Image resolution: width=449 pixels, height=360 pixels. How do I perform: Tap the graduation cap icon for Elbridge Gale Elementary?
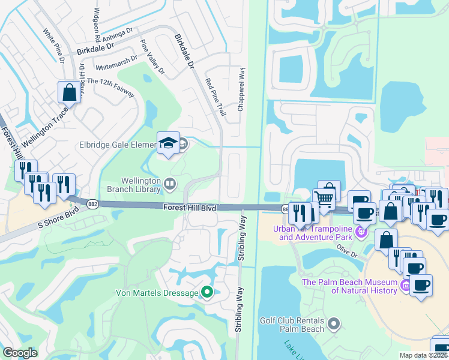[168, 143]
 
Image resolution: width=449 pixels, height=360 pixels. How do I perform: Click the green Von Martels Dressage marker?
[207, 293]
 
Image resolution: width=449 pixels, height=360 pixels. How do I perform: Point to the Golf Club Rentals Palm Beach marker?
[334, 325]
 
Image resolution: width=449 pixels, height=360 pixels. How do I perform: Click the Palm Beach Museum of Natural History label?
[349, 287]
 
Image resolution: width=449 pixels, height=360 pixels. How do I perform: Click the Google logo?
[20, 353]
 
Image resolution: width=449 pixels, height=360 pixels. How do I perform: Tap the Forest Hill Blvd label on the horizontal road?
[190, 207]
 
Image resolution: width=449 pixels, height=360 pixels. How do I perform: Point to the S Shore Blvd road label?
[58, 219]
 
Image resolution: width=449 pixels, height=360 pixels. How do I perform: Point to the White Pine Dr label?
[53, 44]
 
